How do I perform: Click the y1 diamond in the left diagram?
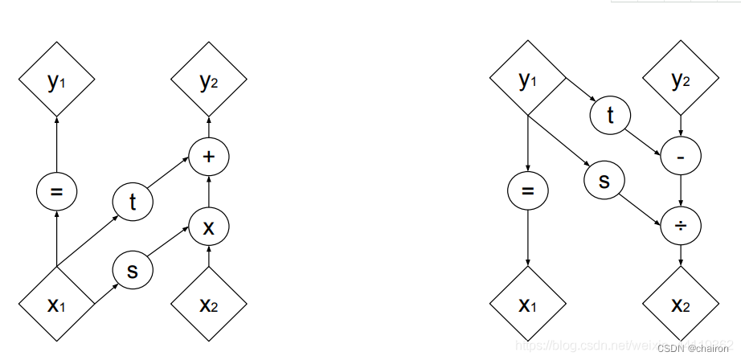coord(56,81)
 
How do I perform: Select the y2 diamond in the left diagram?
coord(209,81)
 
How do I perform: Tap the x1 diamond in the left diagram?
coord(56,305)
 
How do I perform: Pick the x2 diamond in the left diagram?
coord(209,305)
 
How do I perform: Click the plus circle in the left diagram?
coord(209,156)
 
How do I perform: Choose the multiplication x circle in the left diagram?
coord(209,227)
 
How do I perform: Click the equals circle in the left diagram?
coord(56,191)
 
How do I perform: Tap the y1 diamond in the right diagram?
coord(527,80)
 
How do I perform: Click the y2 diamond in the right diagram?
coord(681,80)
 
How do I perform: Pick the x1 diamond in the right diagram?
coord(527,305)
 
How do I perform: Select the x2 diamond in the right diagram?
coord(681,305)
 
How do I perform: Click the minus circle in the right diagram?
coord(681,158)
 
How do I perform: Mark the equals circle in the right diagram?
coord(527,191)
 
